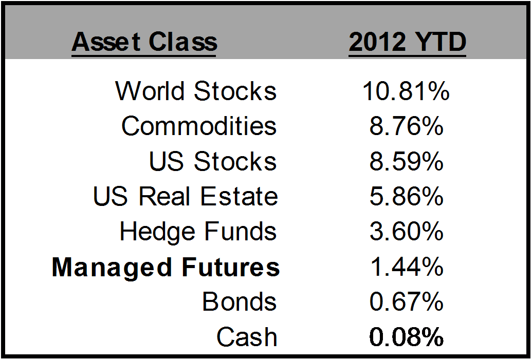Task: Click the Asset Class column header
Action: coord(144,43)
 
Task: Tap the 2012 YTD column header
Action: coord(408,43)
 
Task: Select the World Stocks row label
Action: coord(196,91)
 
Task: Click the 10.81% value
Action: coord(406,91)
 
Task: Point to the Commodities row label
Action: coord(199,126)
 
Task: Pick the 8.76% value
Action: coord(406,126)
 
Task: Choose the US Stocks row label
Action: coord(213,161)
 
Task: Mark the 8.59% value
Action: coord(406,161)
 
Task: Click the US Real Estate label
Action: coord(186,196)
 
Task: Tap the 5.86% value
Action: coord(406,196)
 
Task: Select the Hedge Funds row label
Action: coord(198,232)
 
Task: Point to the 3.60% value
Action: coord(406,231)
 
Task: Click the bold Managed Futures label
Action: coord(166,268)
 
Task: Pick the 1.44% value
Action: coord(407,267)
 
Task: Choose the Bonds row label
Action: coord(240,301)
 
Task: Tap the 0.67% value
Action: coord(406,301)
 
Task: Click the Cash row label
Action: coord(247,336)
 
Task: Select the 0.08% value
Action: coord(406,336)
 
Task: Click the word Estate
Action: coord(239,196)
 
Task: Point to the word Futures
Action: coord(231,267)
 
